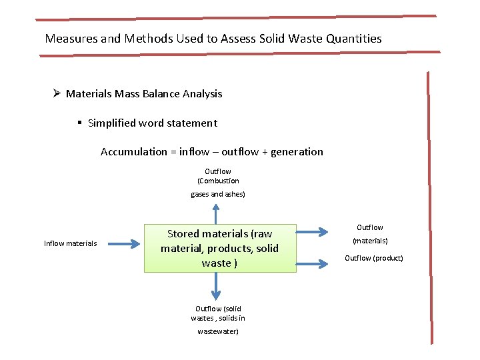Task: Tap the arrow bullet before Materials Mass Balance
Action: coord(56,93)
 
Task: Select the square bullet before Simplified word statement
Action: coord(79,123)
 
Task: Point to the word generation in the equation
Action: coord(297,152)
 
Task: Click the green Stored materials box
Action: coord(219,248)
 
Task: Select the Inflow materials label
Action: coord(70,243)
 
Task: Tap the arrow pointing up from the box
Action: coord(215,213)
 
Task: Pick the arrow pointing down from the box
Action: coord(215,285)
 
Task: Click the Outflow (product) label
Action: coord(373,258)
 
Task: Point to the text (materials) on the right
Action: coord(370,241)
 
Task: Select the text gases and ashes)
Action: coord(218,194)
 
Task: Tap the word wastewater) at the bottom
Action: coord(217,331)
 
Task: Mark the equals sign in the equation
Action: coord(174,152)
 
